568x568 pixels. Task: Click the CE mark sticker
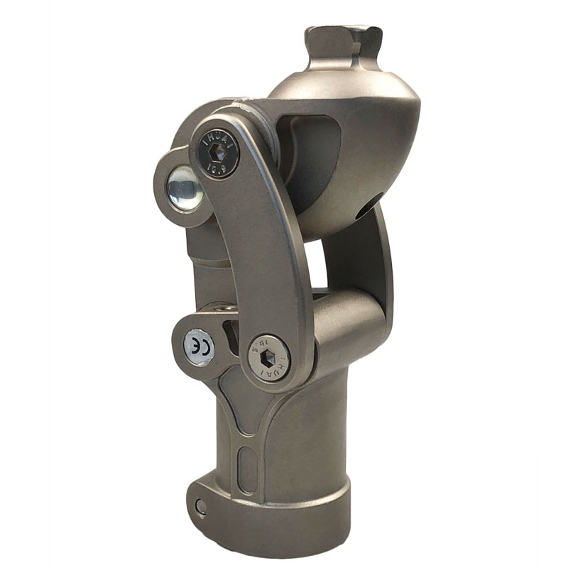click(198, 347)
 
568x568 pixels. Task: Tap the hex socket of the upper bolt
click(219, 151)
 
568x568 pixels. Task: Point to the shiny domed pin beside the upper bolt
click(184, 188)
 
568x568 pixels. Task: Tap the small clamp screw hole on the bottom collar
click(202, 506)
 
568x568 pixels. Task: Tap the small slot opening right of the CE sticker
click(229, 330)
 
